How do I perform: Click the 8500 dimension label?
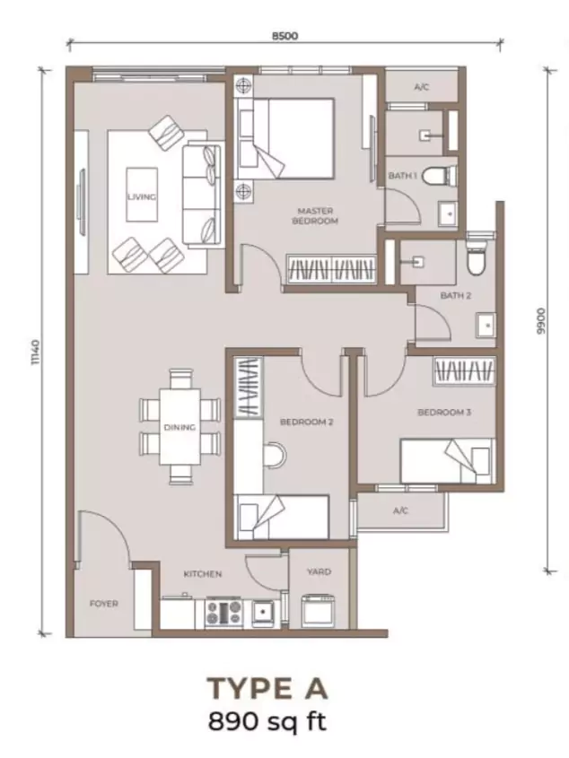pos(284,36)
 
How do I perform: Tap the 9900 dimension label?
pos(540,322)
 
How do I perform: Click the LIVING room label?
pos(142,196)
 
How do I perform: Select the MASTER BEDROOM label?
pos(315,216)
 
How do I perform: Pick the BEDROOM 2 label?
pos(307,422)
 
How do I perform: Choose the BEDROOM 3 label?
pos(444,413)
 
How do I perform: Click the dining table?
pos(180,427)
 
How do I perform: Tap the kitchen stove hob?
pos(223,613)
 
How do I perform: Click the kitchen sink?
pos(262,613)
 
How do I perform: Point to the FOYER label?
pos(104,604)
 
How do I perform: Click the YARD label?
pos(320,572)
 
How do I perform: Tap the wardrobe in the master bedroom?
pos(331,269)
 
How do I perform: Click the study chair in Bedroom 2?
pos(275,455)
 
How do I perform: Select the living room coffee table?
pos(142,195)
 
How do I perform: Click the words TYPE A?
pos(267,688)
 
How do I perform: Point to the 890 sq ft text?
pos(267,722)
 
